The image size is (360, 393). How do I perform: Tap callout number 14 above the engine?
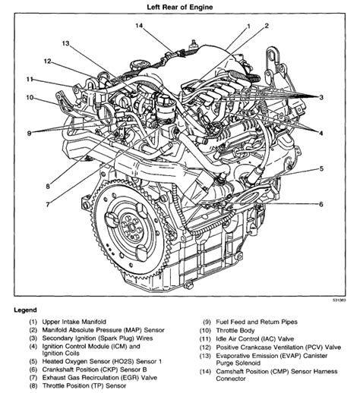click(x=139, y=27)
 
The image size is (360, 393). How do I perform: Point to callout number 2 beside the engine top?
click(x=267, y=26)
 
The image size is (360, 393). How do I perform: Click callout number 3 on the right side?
click(x=321, y=99)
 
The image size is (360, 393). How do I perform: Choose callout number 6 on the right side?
click(x=321, y=204)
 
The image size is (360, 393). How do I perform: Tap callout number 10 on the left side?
click(x=29, y=97)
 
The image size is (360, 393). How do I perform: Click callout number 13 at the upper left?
click(x=66, y=44)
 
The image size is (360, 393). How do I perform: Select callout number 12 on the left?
click(x=47, y=61)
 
